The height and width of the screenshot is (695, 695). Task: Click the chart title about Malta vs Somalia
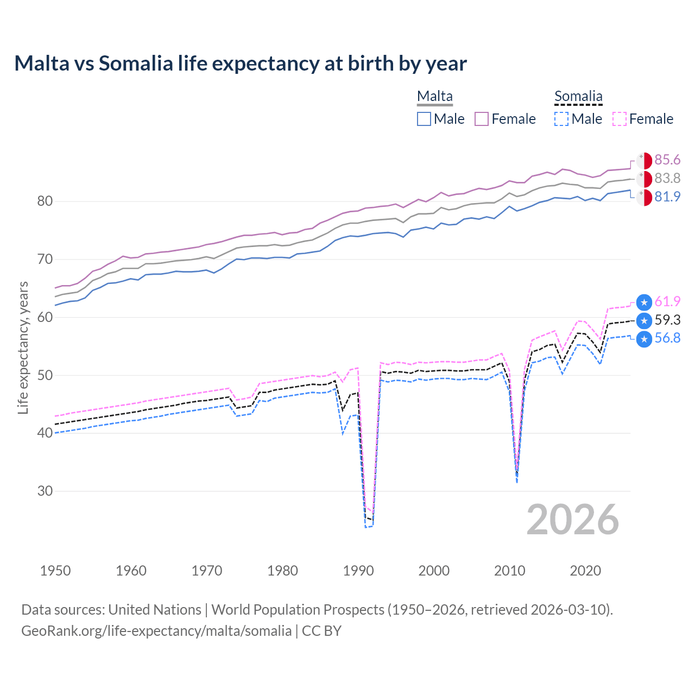pos(241,64)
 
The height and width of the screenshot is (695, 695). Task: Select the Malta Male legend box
pos(424,119)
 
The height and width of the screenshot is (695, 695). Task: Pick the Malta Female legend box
pos(482,119)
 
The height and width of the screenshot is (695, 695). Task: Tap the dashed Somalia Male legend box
pos(561,119)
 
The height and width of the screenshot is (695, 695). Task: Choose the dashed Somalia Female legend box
pos(620,119)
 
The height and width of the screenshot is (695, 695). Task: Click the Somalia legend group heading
pos(578,97)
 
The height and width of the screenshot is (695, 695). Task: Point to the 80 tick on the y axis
pos(45,201)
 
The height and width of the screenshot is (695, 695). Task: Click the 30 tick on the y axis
pos(45,491)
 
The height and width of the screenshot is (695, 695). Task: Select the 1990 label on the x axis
pos(358,571)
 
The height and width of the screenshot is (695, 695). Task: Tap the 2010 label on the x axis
pos(509,571)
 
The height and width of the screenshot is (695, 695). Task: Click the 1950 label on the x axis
pos(55,571)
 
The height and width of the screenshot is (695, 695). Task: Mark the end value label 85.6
pos(667,160)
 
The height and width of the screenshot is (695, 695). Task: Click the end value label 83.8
pos(667,178)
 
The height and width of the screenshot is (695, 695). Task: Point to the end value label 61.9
pos(667,301)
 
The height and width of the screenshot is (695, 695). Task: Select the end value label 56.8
pos(667,338)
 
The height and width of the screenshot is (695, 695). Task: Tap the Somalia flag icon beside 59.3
pos(644,320)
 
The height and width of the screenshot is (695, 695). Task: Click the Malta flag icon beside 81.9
pos(644,197)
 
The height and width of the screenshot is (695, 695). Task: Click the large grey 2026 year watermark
pos(573,520)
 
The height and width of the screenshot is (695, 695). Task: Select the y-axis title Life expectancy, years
pos(23,347)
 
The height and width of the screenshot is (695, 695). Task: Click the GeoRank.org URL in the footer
pos(156,631)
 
